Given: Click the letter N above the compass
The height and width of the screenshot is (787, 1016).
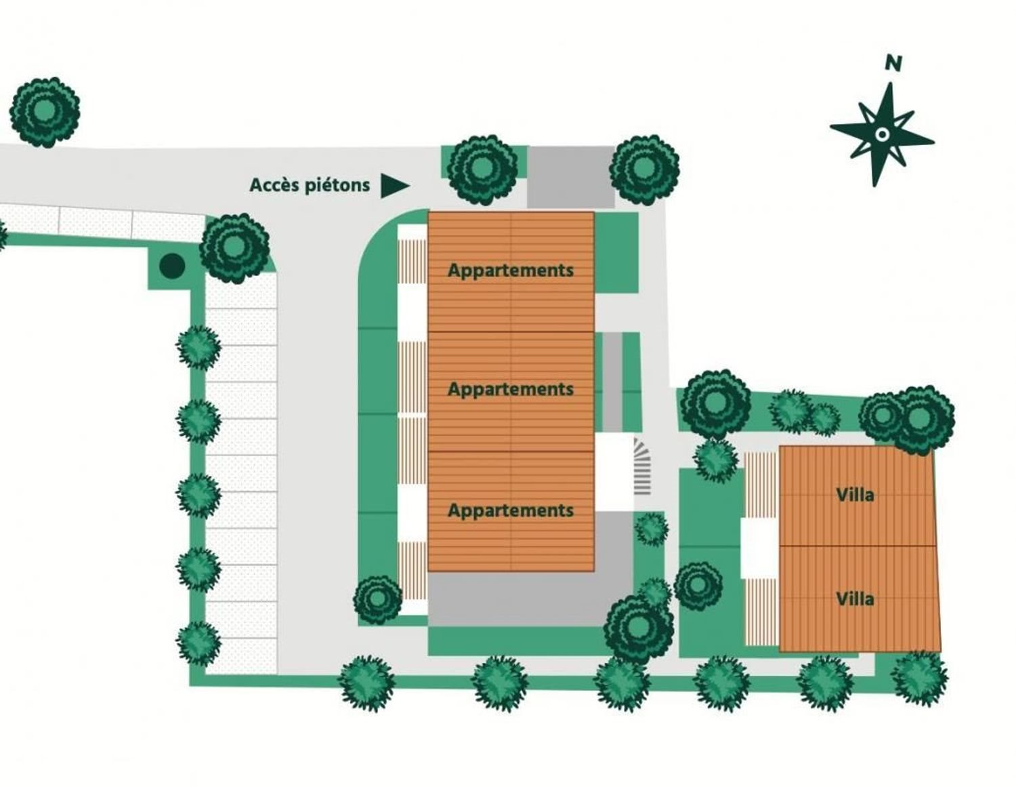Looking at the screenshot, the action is (893, 63).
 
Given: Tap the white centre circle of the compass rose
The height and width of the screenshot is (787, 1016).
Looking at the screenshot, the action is (882, 135).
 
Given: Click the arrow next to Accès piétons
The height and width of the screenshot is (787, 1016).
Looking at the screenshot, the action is (395, 186).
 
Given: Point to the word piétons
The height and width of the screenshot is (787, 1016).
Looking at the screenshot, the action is (337, 185).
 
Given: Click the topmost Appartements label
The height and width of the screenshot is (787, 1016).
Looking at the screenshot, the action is (511, 271).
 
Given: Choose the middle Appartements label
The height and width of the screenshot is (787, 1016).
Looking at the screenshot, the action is (511, 390).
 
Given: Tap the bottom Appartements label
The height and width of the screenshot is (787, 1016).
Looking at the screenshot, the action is (511, 511).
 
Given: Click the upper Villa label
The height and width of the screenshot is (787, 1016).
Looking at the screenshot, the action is (855, 495).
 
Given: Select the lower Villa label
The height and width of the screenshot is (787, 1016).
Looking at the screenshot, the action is (855, 599).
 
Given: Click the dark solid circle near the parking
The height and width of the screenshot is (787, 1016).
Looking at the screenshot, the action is (172, 266).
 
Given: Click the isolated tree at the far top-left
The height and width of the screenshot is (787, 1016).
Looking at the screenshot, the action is (45, 113).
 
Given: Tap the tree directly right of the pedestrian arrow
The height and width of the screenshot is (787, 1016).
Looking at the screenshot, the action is (482, 170).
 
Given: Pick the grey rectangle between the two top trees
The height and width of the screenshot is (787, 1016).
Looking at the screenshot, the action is (571, 177).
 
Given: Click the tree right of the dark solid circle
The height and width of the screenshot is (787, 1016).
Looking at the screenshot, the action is (234, 249).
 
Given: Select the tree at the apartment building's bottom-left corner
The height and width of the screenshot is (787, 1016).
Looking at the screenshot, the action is (378, 600).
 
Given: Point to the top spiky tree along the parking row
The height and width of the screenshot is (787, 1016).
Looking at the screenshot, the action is (198, 348).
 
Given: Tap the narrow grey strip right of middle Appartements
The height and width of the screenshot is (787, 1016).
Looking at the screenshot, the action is (612, 382).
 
